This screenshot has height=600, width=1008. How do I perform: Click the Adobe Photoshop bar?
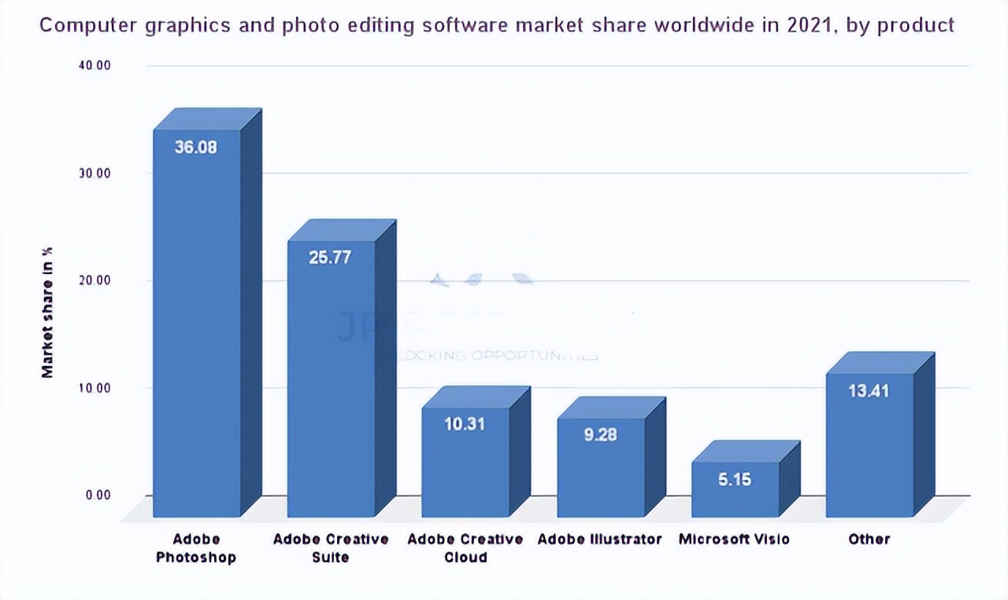point(197,331)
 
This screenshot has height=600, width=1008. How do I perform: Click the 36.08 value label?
point(196,147)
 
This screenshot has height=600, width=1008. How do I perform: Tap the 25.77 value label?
point(330,257)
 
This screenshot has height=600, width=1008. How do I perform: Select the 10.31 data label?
point(465,424)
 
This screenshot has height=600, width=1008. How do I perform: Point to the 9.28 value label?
point(600,434)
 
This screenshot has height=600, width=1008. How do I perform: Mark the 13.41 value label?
point(869,391)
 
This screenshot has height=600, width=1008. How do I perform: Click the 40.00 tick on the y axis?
point(94,65)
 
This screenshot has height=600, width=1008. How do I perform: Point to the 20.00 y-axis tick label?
point(94,280)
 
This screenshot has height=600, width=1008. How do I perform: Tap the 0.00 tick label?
point(98,494)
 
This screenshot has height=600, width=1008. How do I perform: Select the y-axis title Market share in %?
point(48,312)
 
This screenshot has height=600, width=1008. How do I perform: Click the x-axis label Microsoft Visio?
point(734,539)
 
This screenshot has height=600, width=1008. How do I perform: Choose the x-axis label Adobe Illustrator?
point(600,539)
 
